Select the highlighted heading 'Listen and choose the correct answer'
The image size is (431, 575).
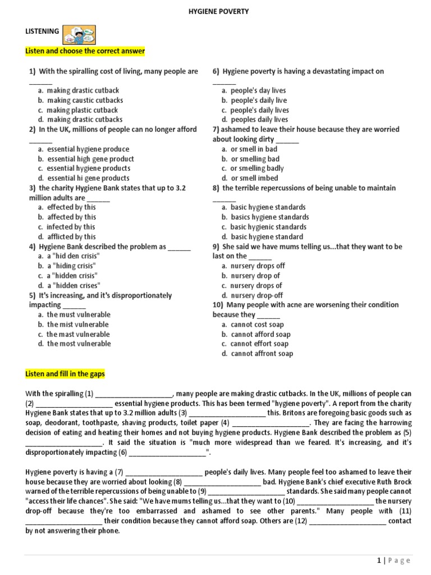coord(85,51)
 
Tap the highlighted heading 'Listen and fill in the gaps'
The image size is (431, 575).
coord(65,374)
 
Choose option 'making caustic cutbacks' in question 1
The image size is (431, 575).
coord(85,101)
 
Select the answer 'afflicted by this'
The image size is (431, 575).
coord(71,237)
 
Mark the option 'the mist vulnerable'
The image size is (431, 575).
coord(77,325)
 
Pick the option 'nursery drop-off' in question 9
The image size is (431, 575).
coord(256,295)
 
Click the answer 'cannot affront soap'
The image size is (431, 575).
coord(262,354)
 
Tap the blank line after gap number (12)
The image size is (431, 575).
coord(348,521)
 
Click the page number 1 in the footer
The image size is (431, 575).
coord(379,560)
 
